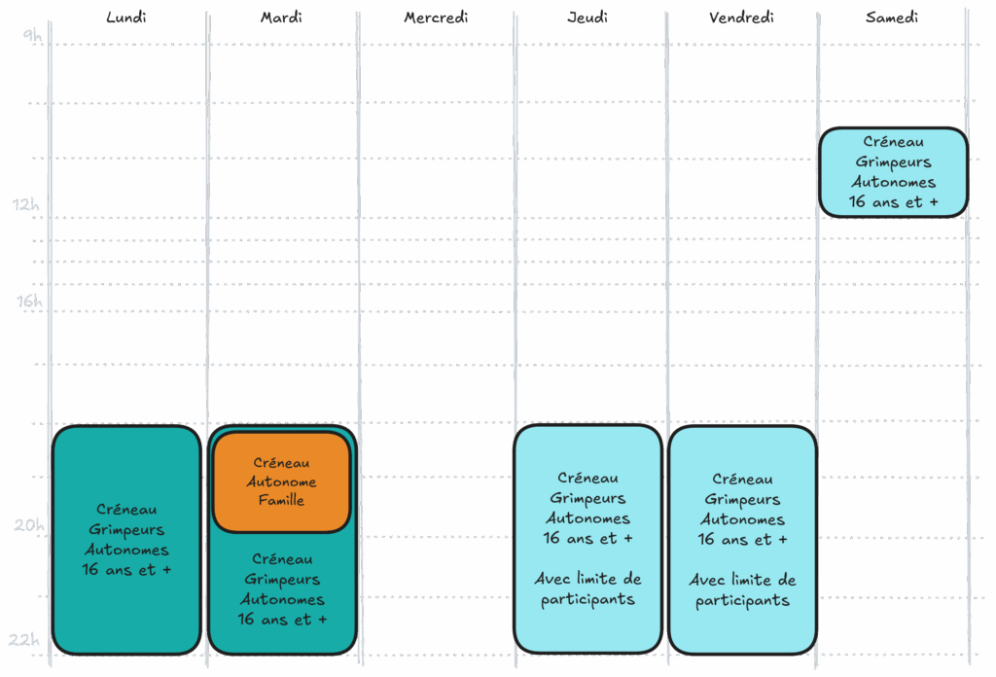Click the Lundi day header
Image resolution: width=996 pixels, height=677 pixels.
(126, 18)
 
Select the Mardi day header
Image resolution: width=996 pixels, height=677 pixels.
(281, 18)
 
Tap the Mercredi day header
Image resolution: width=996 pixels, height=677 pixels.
(437, 18)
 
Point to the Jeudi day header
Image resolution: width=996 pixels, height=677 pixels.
(587, 18)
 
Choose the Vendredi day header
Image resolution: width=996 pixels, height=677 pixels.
(741, 18)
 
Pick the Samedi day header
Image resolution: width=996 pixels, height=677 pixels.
(892, 18)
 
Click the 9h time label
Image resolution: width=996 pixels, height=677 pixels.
(32, 36)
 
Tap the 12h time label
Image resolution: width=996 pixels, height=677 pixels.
(26, 204)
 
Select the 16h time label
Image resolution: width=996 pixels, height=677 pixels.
(29, 301)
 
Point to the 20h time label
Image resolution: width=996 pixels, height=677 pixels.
(29, 525)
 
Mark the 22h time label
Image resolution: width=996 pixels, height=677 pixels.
(24, 639)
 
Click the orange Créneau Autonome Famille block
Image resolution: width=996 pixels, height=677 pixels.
(281, 481)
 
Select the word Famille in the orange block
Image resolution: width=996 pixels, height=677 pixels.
(281, 500)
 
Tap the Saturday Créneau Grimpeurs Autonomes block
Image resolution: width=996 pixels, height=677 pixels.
(893, 172)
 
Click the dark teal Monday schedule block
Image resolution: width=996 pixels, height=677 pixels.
(126, 540)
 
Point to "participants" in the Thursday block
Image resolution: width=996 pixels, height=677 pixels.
(587, 600)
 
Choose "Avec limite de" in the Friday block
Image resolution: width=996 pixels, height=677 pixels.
(742, 580)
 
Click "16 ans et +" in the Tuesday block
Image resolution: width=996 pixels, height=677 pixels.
(282, 620)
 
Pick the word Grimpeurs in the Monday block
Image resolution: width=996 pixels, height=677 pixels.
(126, 530)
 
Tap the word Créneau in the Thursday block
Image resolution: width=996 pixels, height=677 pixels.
(587, 478)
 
